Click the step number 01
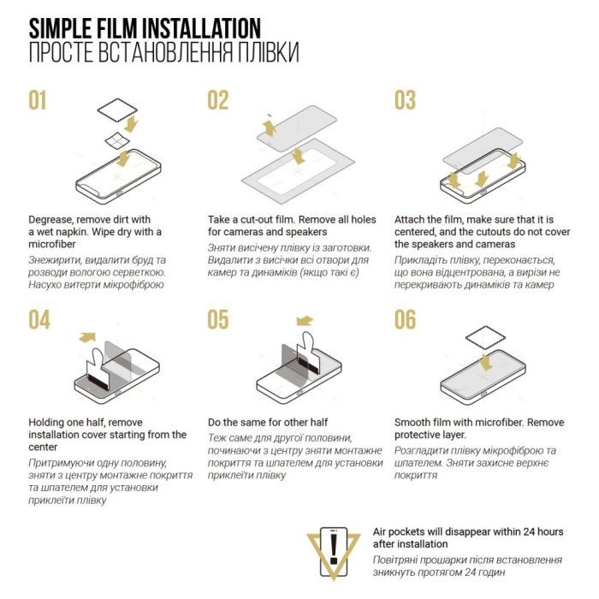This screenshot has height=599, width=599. [38, 100]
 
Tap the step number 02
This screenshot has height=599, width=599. [217, 100]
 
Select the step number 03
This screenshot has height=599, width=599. [405, 100]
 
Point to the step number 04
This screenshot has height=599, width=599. [39, 320]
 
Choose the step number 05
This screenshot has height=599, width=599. [218, 320]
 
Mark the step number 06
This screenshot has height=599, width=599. [406, 320]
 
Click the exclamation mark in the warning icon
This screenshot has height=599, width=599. [334, 549]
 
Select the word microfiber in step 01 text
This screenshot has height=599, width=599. [51, 244]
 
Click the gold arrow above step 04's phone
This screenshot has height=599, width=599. [87, 337]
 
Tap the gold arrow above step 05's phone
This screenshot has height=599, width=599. [305, 321]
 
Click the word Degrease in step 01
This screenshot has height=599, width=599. [50, 220]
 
